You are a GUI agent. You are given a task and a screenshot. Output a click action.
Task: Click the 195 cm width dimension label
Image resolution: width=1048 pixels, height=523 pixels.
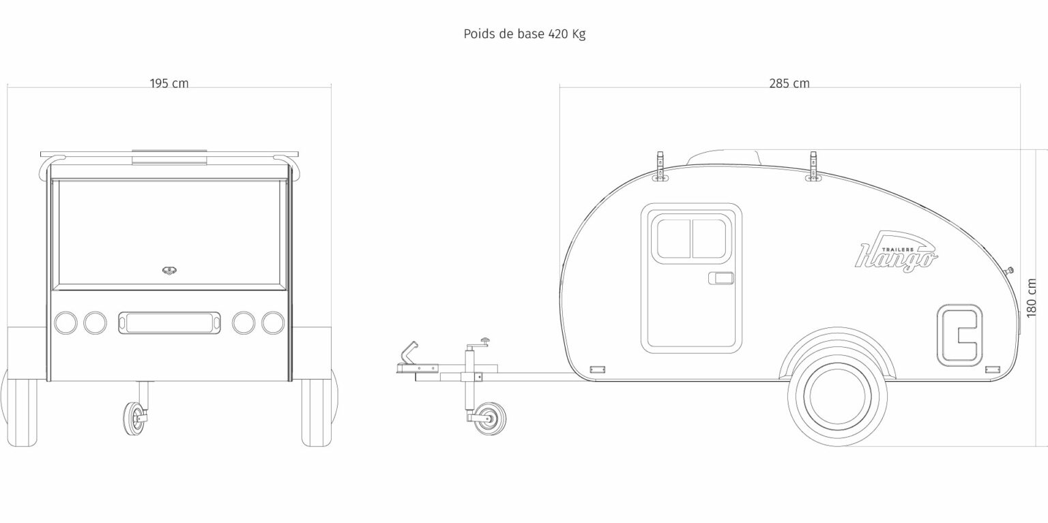pyautogui.click(x=169, y=84)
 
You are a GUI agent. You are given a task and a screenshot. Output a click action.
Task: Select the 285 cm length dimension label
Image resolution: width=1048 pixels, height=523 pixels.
pyautogui.click(x=789, y=84)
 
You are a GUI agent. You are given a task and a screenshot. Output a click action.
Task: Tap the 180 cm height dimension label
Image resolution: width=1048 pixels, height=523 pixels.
pyautogui.click(x=1031, y=298)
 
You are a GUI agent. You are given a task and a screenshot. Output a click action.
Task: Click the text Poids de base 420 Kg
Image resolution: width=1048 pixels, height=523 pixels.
pyautogui.click(x=525, y=34)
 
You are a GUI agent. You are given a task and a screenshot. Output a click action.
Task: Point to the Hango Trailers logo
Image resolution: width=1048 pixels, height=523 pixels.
pyautogui.click(x=896, y=252)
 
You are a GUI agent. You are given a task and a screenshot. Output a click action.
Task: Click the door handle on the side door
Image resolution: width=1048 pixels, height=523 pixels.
pyautogui.click(x=721, y=278)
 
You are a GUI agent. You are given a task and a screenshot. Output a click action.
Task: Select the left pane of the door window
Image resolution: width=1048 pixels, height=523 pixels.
pyautogui.click(x=674, y=239)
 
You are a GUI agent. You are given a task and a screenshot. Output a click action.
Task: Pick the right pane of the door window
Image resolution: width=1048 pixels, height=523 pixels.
pyautogui.click(x=710, y=239)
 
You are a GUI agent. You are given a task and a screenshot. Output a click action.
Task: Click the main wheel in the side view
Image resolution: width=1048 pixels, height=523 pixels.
pyautogui.click(x=837, y=397)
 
